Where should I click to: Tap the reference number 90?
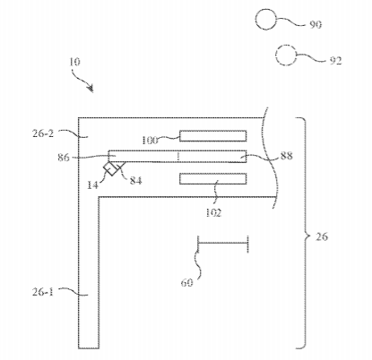click(x=316, y=24)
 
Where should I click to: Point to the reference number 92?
click(x=335, y=61)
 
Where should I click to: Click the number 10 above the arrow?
click(x=74, y=62)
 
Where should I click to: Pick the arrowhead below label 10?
click(x=91, y=89)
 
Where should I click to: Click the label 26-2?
click(x=43, y=133)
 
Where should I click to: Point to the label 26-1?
click(x=43, y=292)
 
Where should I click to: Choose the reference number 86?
click(x=64, y=158)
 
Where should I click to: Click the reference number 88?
click(x=287, y=156)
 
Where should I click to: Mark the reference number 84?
click(x=135, y=180)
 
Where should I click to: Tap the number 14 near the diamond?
click(x=92, y=185)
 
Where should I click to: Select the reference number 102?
click(x=213, y=212)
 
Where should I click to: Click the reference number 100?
click(x=150, y=141)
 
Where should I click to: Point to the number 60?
click(x=187, y=282)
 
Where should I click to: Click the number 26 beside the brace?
click(x=322, y=236)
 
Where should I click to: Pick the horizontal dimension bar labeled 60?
click(x=223, y=244)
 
